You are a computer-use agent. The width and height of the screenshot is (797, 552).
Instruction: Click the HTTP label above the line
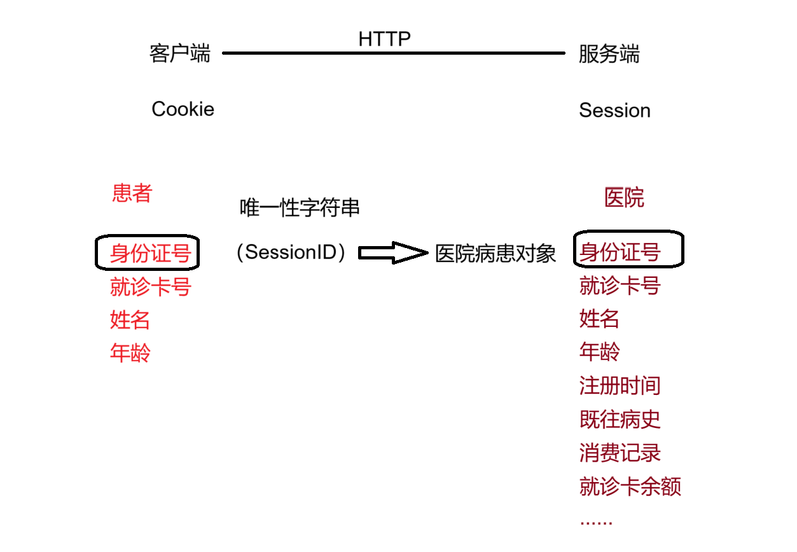[x=384, y=39]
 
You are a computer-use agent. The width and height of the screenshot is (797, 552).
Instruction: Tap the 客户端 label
[x=179, y=53]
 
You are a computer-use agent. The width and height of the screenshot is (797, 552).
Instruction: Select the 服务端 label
[x=609, y=54]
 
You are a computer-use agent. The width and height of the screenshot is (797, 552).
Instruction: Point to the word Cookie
[x=183, y=109]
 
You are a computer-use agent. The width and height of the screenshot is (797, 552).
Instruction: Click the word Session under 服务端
[x=614, y=111]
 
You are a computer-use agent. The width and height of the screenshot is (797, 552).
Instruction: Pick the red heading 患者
[x=132, y=193]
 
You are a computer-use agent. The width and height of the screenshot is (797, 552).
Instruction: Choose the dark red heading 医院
[x=624, y=198]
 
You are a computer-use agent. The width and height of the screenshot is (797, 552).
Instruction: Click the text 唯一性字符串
[x=300, y=207]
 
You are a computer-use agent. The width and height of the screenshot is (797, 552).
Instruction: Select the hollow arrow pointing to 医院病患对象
[x=393, y=252]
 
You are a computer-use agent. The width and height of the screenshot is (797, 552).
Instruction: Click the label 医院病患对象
[x=496, y=254]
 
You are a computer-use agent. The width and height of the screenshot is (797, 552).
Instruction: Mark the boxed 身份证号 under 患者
[x=150, y=253]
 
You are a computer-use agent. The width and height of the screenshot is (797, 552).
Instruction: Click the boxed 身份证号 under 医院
[x=620, y=252]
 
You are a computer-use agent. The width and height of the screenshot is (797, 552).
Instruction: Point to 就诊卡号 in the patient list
[x=150, y=287]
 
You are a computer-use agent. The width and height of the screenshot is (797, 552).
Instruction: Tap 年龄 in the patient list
[x=130, y=353]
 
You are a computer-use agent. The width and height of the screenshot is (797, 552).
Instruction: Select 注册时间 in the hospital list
[x=620, y=385]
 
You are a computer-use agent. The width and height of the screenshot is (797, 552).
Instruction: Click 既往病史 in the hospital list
[x=620, y=419]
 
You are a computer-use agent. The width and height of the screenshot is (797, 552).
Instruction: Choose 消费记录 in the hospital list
[x=620, y=453]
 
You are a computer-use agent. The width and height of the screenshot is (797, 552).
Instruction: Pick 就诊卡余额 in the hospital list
[x=630, y=487]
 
